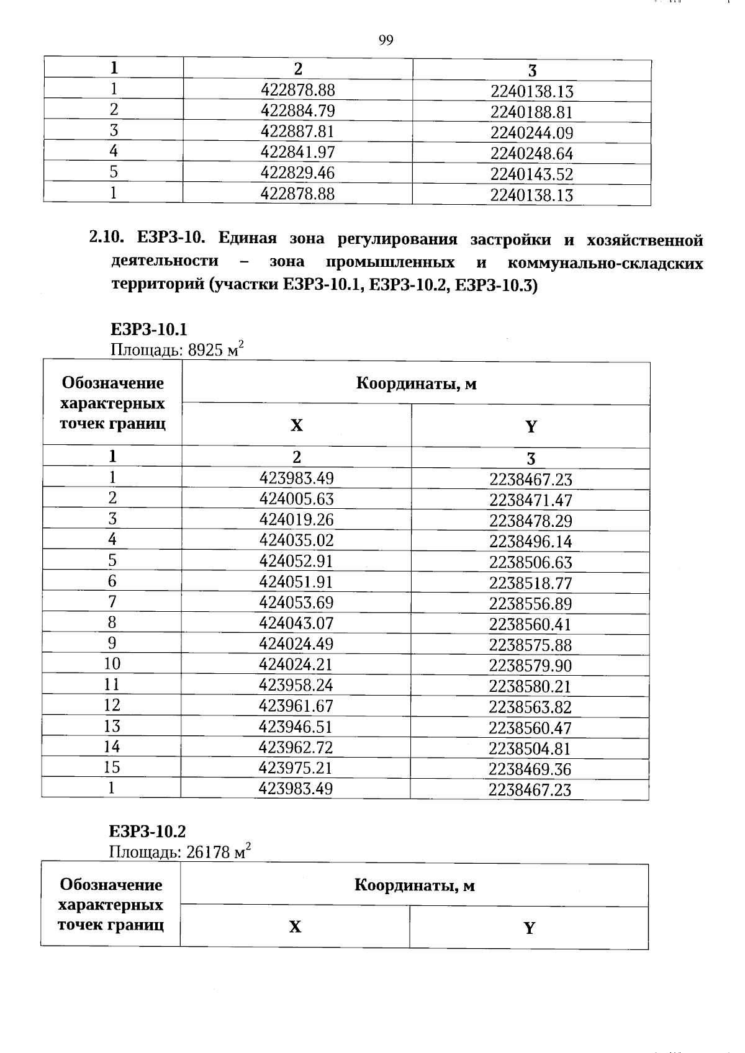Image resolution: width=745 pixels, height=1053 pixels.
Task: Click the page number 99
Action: pyautogui.click(x=386, y=41)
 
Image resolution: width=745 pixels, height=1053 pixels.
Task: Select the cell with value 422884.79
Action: pyautogui.click(x=297, y=111)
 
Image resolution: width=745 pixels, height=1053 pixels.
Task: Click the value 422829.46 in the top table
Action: pyautogui.click(x=297, y=173)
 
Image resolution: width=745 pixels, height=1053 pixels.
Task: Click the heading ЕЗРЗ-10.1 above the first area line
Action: pyautogui.click(x=148, y=329)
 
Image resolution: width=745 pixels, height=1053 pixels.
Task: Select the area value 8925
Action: pyautogui.click(x=205, y=350)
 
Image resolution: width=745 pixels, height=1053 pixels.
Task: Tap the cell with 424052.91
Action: pyautogui.click(x=296, y=561)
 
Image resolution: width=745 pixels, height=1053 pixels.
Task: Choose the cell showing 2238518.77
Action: pyautogui.click(x=530, y=583)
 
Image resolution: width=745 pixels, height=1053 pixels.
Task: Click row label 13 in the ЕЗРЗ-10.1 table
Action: pyautogui.click(x=112, y=726)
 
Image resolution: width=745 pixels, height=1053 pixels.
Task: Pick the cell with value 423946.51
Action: pyautogui.click(x=296, y=727)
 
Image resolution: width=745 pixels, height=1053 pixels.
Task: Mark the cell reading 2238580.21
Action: pyautogui.click(x=530, y=686)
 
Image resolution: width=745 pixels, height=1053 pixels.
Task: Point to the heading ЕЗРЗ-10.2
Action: pyautogui.click(x=147, y=831)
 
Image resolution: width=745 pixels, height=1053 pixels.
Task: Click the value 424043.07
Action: pyautogui.click(x=296, y=623)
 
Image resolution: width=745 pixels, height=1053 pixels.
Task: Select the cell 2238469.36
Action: pyautogui.click(x=530, y=769)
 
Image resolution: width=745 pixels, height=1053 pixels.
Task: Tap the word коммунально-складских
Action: pyautogui.click(x=605, y=263)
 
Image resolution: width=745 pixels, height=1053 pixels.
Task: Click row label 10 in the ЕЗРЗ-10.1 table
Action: pyautogui.click(x=112, y=664)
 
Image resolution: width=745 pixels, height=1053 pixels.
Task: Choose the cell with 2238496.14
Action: pyautogui.click(x=530, y=542)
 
